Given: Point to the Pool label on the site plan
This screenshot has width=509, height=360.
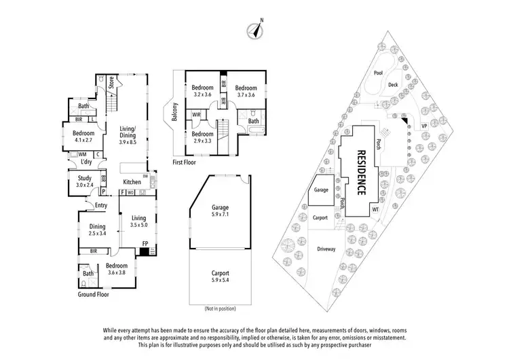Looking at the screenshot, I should point(377,73).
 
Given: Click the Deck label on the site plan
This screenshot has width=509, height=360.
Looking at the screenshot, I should point(392,85).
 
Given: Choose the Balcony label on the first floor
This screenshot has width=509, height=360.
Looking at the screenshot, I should point(174,112).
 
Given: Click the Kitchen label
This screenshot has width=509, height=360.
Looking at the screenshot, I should point(132,182).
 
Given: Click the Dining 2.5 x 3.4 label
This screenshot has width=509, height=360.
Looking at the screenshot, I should point(98,230).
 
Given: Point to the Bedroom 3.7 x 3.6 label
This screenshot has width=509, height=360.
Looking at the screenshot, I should point(246,91).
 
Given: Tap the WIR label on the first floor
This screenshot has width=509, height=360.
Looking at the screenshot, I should point(195,115).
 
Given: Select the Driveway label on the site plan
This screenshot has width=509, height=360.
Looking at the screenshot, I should point(326,249).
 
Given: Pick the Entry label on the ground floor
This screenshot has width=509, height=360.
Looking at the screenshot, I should point(101,204).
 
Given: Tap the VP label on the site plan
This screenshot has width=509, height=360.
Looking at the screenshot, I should point(424,126).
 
